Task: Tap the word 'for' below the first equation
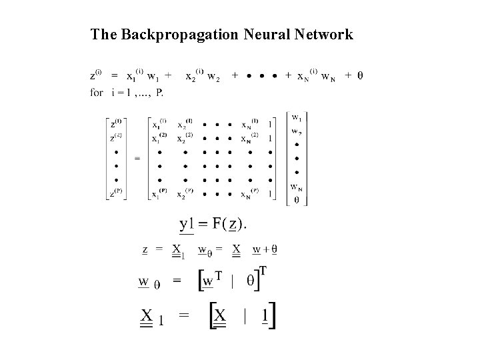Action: [97, 93]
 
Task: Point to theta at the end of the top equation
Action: [360, 75]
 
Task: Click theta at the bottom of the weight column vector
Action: [295, 198]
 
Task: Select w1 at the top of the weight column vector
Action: [295, 119]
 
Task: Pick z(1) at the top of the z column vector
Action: [116, 123]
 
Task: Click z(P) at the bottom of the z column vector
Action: [116, 194]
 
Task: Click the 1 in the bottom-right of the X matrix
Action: [269, 194]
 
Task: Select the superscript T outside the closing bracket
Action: [263, 272]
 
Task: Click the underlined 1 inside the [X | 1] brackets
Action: [265, 315]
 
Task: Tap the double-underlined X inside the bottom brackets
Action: [219, 315]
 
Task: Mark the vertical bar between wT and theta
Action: [231, 281]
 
